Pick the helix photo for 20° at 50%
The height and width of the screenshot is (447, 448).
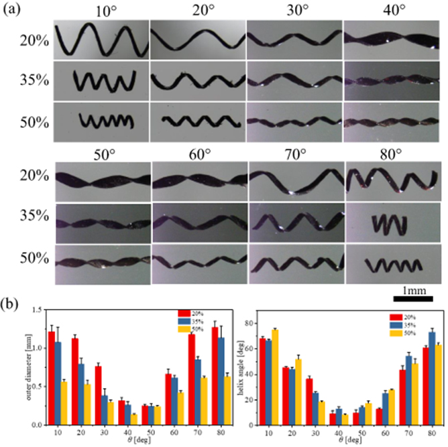point(198,122)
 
